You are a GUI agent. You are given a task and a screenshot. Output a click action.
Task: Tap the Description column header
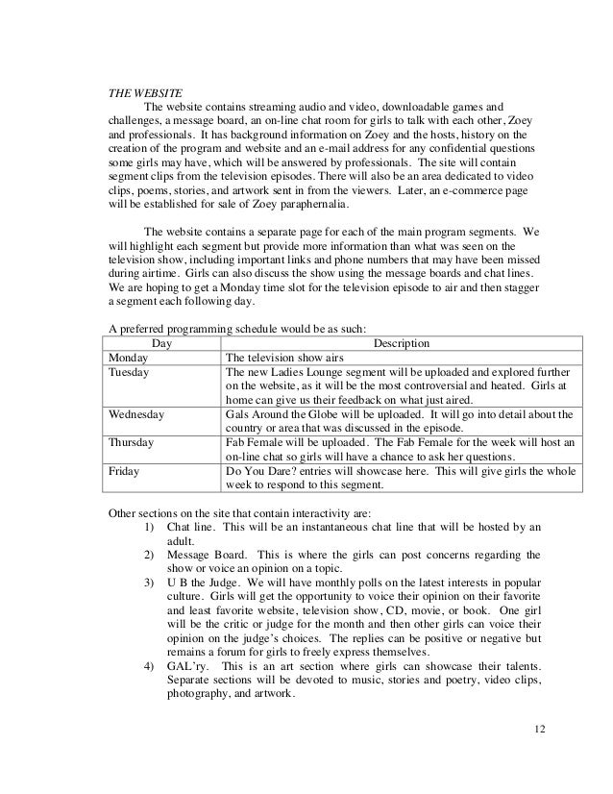pos(401,343)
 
